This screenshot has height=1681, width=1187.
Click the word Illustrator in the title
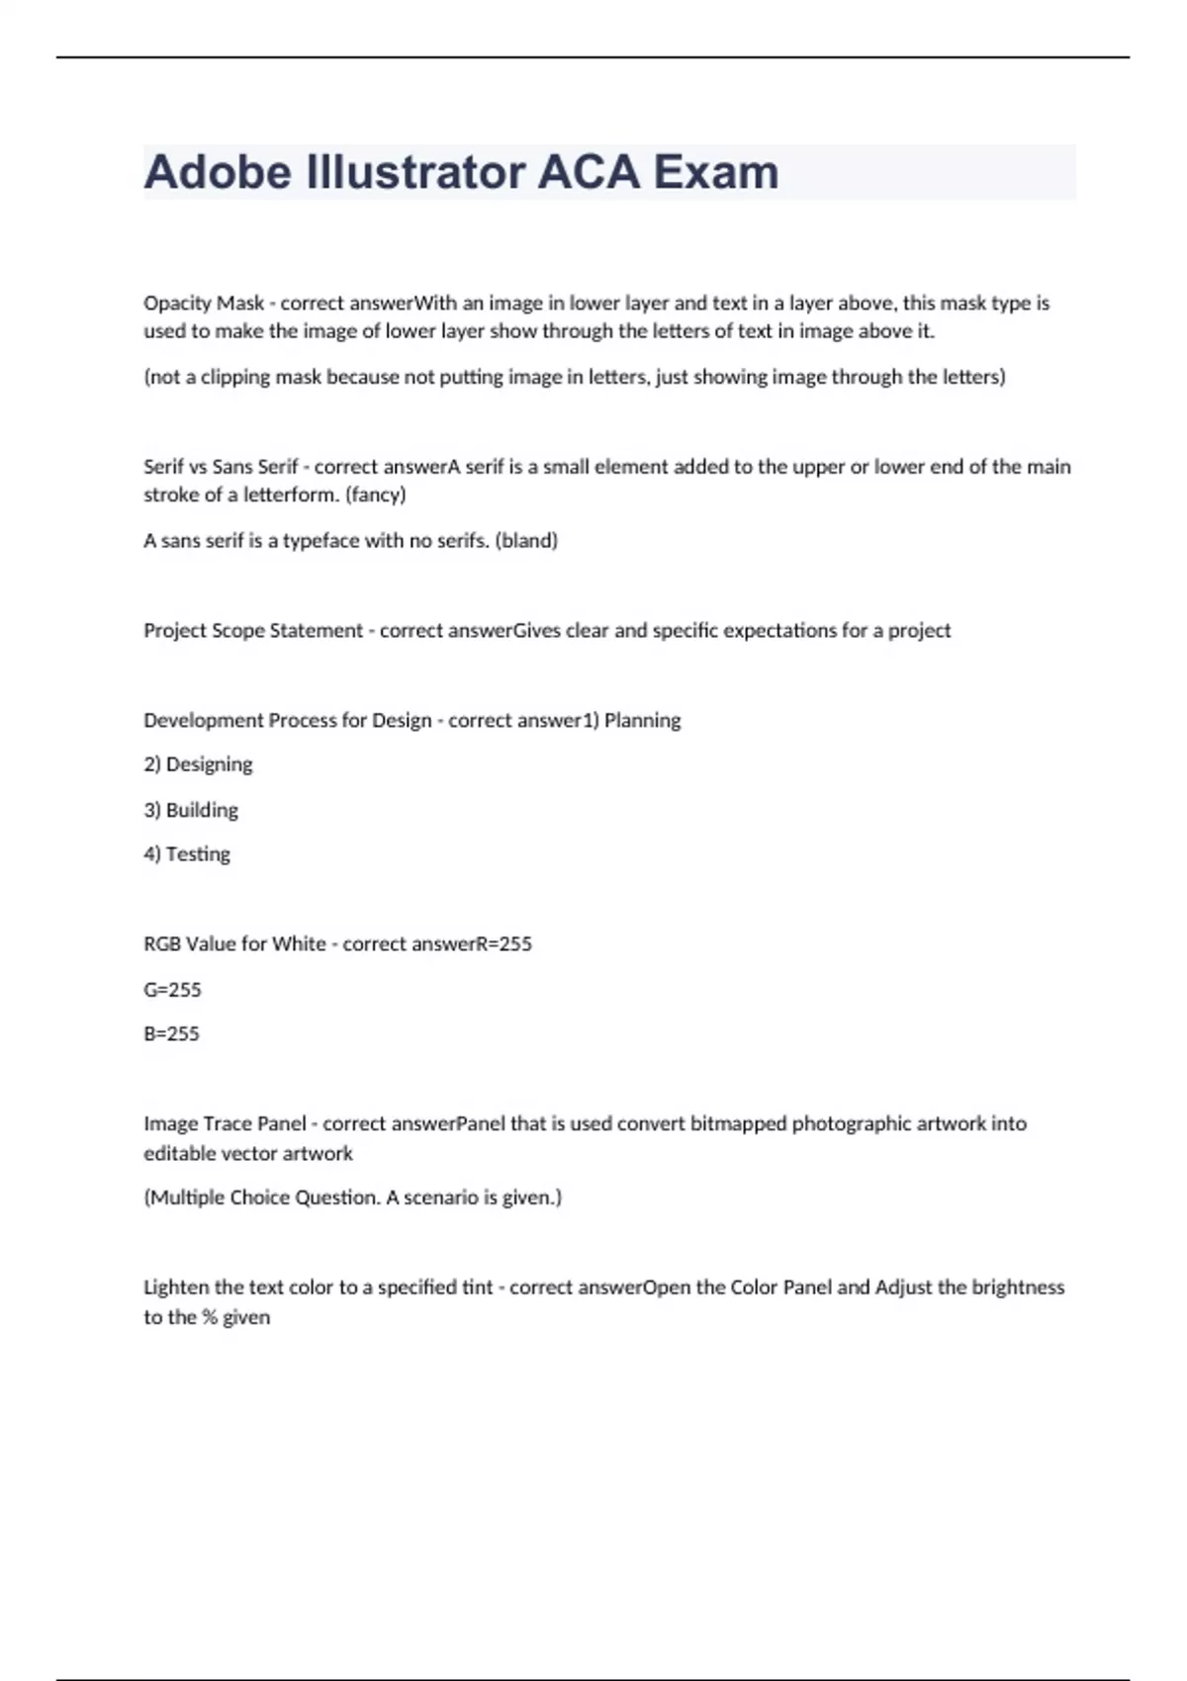415,172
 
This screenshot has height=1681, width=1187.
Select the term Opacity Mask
204,303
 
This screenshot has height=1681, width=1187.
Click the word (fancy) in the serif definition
376,494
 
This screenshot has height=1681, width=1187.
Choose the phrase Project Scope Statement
253,631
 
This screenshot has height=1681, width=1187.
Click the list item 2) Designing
198,764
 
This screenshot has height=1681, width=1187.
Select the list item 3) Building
191,810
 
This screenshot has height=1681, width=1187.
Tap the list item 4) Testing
187,854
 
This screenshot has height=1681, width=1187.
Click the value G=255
172,989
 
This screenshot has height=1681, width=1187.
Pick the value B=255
171,1033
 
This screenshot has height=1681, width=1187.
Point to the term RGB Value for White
234,944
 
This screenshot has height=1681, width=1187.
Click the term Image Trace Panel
225,1124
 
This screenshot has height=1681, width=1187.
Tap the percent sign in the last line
209,1317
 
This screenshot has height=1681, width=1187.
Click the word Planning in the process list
642,721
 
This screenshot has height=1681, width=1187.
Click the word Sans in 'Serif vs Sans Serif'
232,467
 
